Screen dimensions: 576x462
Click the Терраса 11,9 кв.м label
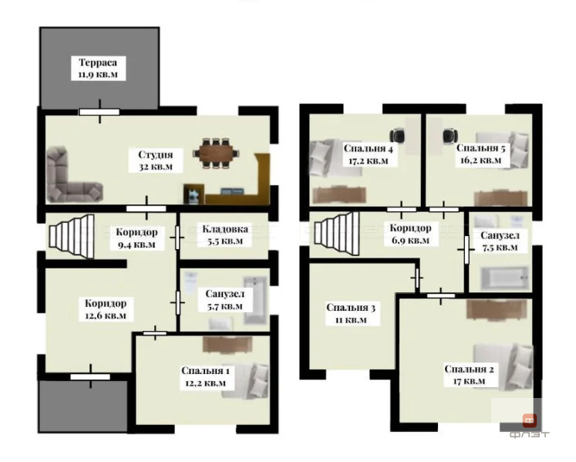click(98, 69)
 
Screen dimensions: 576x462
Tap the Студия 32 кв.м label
click(156, 160)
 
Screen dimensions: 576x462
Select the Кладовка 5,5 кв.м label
click(225, 235)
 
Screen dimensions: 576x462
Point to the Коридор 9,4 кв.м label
click(136, 238)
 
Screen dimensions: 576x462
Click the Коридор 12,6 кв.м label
click(106, 309)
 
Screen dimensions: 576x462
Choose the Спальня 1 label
click(205, 371)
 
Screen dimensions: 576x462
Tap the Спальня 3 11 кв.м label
click(351, 313)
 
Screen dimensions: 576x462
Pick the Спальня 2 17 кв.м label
click(469, 375)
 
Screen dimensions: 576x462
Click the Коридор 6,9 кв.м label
click(410, 234)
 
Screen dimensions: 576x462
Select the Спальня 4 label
click(368, 149)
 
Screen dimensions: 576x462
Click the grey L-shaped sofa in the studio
click(71, 177)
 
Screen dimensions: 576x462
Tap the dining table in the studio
click(216, 153)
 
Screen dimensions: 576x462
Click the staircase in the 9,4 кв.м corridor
click(72, 236)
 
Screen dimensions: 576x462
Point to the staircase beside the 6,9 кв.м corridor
click(336, 233)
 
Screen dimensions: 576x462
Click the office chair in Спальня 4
click(397, 136)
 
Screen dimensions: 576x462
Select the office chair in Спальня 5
click(450, 136)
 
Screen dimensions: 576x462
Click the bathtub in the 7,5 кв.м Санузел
click(505, 278)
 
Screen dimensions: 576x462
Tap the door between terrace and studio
click(99, 111)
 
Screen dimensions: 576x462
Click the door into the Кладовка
click(177, 238)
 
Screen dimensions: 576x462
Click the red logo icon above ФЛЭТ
click(530, 420)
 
